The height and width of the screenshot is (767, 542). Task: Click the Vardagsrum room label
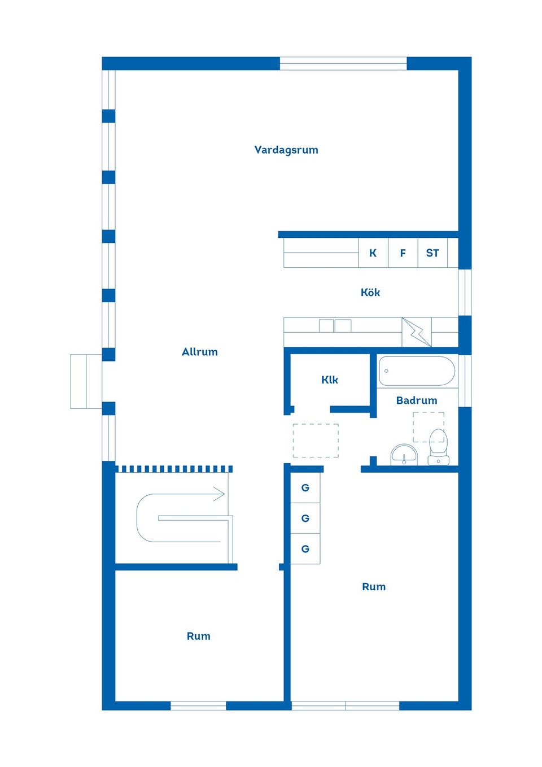[286, 150]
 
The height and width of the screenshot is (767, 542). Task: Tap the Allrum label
[199, 352]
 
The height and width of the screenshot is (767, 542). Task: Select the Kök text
[370, 293]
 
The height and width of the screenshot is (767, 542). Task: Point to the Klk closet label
[330, 380]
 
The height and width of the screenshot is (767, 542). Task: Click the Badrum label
[417, 400]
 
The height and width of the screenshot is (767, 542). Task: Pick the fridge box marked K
[373, 252]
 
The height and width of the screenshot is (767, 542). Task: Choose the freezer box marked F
[403, 252]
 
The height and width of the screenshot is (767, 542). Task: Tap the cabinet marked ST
[432, 252]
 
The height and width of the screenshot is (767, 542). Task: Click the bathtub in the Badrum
[417, 371]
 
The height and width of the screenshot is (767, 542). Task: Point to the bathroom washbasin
[404, 454]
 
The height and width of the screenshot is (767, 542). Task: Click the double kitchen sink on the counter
[335, 325]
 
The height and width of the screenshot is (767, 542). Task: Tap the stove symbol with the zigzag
[417, 332]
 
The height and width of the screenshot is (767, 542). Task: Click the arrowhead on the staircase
[219, 494]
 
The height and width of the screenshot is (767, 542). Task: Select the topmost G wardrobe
[305, 487]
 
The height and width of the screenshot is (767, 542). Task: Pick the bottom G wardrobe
[305, 548]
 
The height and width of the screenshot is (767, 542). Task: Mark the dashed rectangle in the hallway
[316, 441]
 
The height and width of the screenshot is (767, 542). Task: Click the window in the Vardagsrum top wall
[343, 63]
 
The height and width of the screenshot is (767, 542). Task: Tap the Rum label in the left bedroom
[198, 637]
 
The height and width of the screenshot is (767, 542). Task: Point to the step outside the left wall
[86, 381]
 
